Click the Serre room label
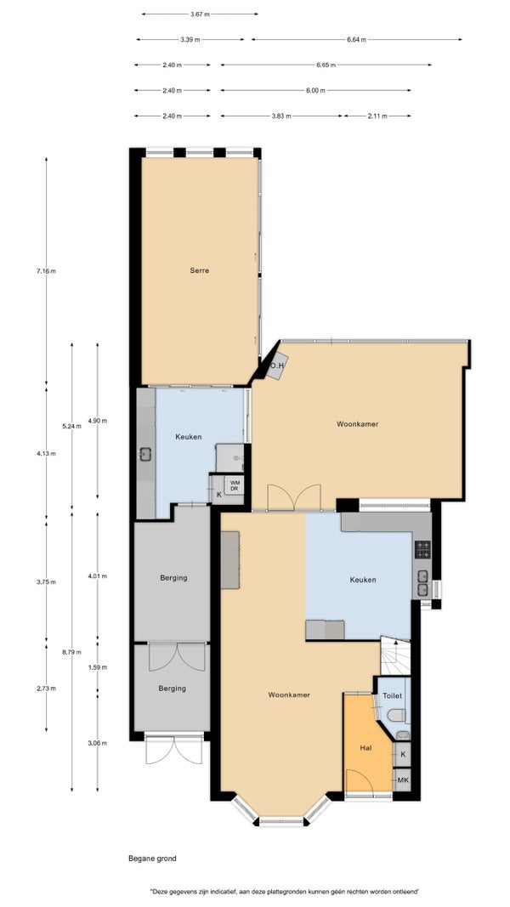(x=199, y=270)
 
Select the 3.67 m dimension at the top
(x=200, y=14)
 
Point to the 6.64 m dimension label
(x=356, y=39)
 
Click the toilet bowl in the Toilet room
(x=397, y=716)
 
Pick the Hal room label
(x=365, y=748)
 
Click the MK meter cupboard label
(x=403, y=780)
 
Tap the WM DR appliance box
(x=235, y=485)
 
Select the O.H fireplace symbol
(x=277, y=365)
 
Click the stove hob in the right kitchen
(x=422, y=549)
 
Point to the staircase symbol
(x=395, y=656)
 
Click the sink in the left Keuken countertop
(x=145, y=455)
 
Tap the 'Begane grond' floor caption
(x=153, y=859)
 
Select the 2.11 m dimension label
(x=377, y=116)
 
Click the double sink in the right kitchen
(x=423, y=583)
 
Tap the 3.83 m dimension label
(x=281, y=116)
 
